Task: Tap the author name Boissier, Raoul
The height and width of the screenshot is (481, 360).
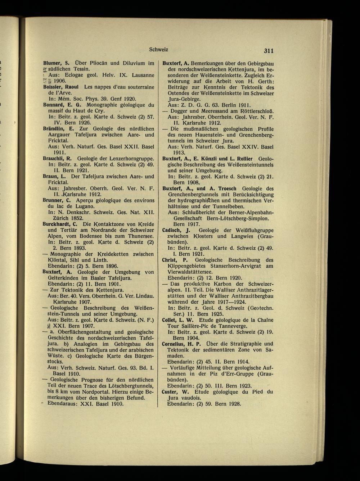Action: (62, 87)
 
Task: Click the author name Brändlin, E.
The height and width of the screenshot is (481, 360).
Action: (58, 129)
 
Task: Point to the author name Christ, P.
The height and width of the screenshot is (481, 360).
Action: (174, 260)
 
